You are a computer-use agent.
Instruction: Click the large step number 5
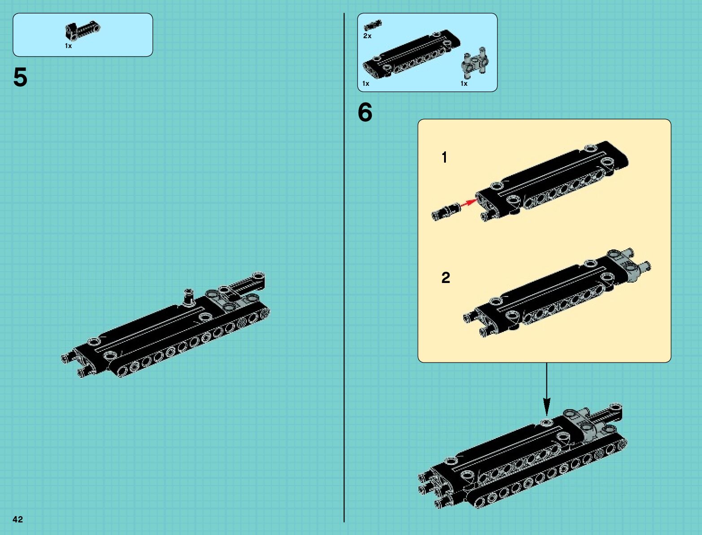pyautogui.click(x=20, y=77)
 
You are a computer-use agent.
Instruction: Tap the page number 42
pyautogui.click(x=17, y=519)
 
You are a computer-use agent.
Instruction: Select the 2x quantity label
pyautogui.click(x=367, y=36)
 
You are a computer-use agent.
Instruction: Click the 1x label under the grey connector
pyautogui.click(x=464, y=84)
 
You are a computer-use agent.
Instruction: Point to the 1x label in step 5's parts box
pyautogui.click(x=68, y=46)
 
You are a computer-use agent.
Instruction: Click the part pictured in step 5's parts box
pyautogui.click(x=83, y=31)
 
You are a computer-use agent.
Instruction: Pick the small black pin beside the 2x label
pyautogui.click(x=373, y=25)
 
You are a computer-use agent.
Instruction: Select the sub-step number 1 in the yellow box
pyautogui.click(x=444, y=158)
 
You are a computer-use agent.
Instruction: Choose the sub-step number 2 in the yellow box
pyautogui.click(x=445, y=278)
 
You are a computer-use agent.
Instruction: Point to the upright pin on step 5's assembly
pyautogui.click(x=189, y=297)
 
